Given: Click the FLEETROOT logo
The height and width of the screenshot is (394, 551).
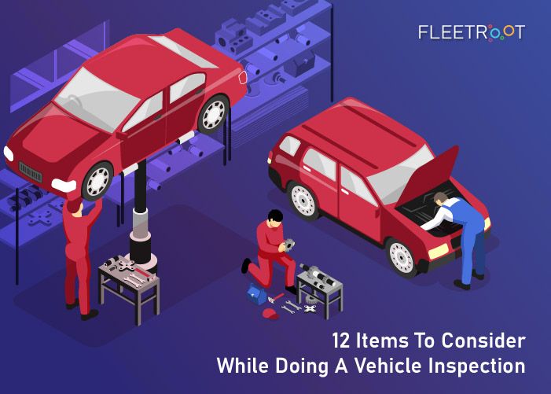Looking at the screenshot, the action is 472,32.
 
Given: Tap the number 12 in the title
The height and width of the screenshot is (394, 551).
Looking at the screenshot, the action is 341,341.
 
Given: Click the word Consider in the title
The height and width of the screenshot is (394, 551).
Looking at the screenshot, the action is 483,341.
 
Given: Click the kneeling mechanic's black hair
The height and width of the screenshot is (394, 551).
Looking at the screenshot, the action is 275,215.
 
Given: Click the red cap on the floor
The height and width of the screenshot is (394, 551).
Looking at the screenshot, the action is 270,314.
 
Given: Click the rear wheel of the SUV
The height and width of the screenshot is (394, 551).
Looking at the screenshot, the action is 303,201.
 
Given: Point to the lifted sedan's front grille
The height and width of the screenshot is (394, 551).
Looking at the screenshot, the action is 30,172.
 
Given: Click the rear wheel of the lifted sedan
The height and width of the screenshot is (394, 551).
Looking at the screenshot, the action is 214,114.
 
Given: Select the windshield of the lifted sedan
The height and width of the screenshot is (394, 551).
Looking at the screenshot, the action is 97,99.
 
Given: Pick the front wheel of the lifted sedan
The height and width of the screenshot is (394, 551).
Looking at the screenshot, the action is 97,182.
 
